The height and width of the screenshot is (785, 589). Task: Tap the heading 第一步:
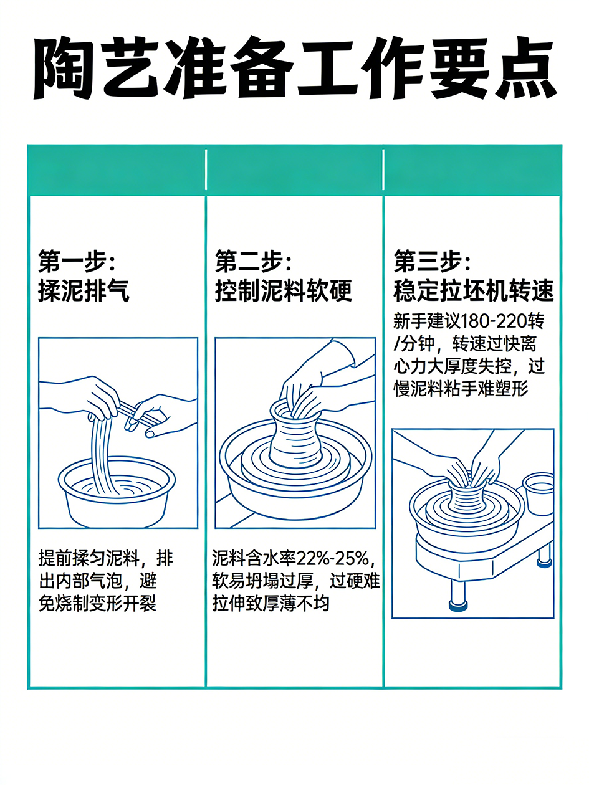point(76,261)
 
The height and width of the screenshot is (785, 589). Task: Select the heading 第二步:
point(253,261)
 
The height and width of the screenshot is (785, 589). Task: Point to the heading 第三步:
point(432,261)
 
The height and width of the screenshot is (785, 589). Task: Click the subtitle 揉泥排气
point(84,291)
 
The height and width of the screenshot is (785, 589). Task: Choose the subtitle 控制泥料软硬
point(283,291)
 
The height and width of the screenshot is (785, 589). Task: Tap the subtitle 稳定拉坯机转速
point(474,291)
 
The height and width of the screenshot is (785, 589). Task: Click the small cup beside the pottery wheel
point(539,493)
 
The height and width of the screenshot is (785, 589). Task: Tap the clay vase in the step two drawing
point(295,433)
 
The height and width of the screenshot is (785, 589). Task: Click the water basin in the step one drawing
point(117,492)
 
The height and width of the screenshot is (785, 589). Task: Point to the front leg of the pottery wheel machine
point(458,595)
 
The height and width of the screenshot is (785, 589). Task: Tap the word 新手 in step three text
point(410,321)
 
